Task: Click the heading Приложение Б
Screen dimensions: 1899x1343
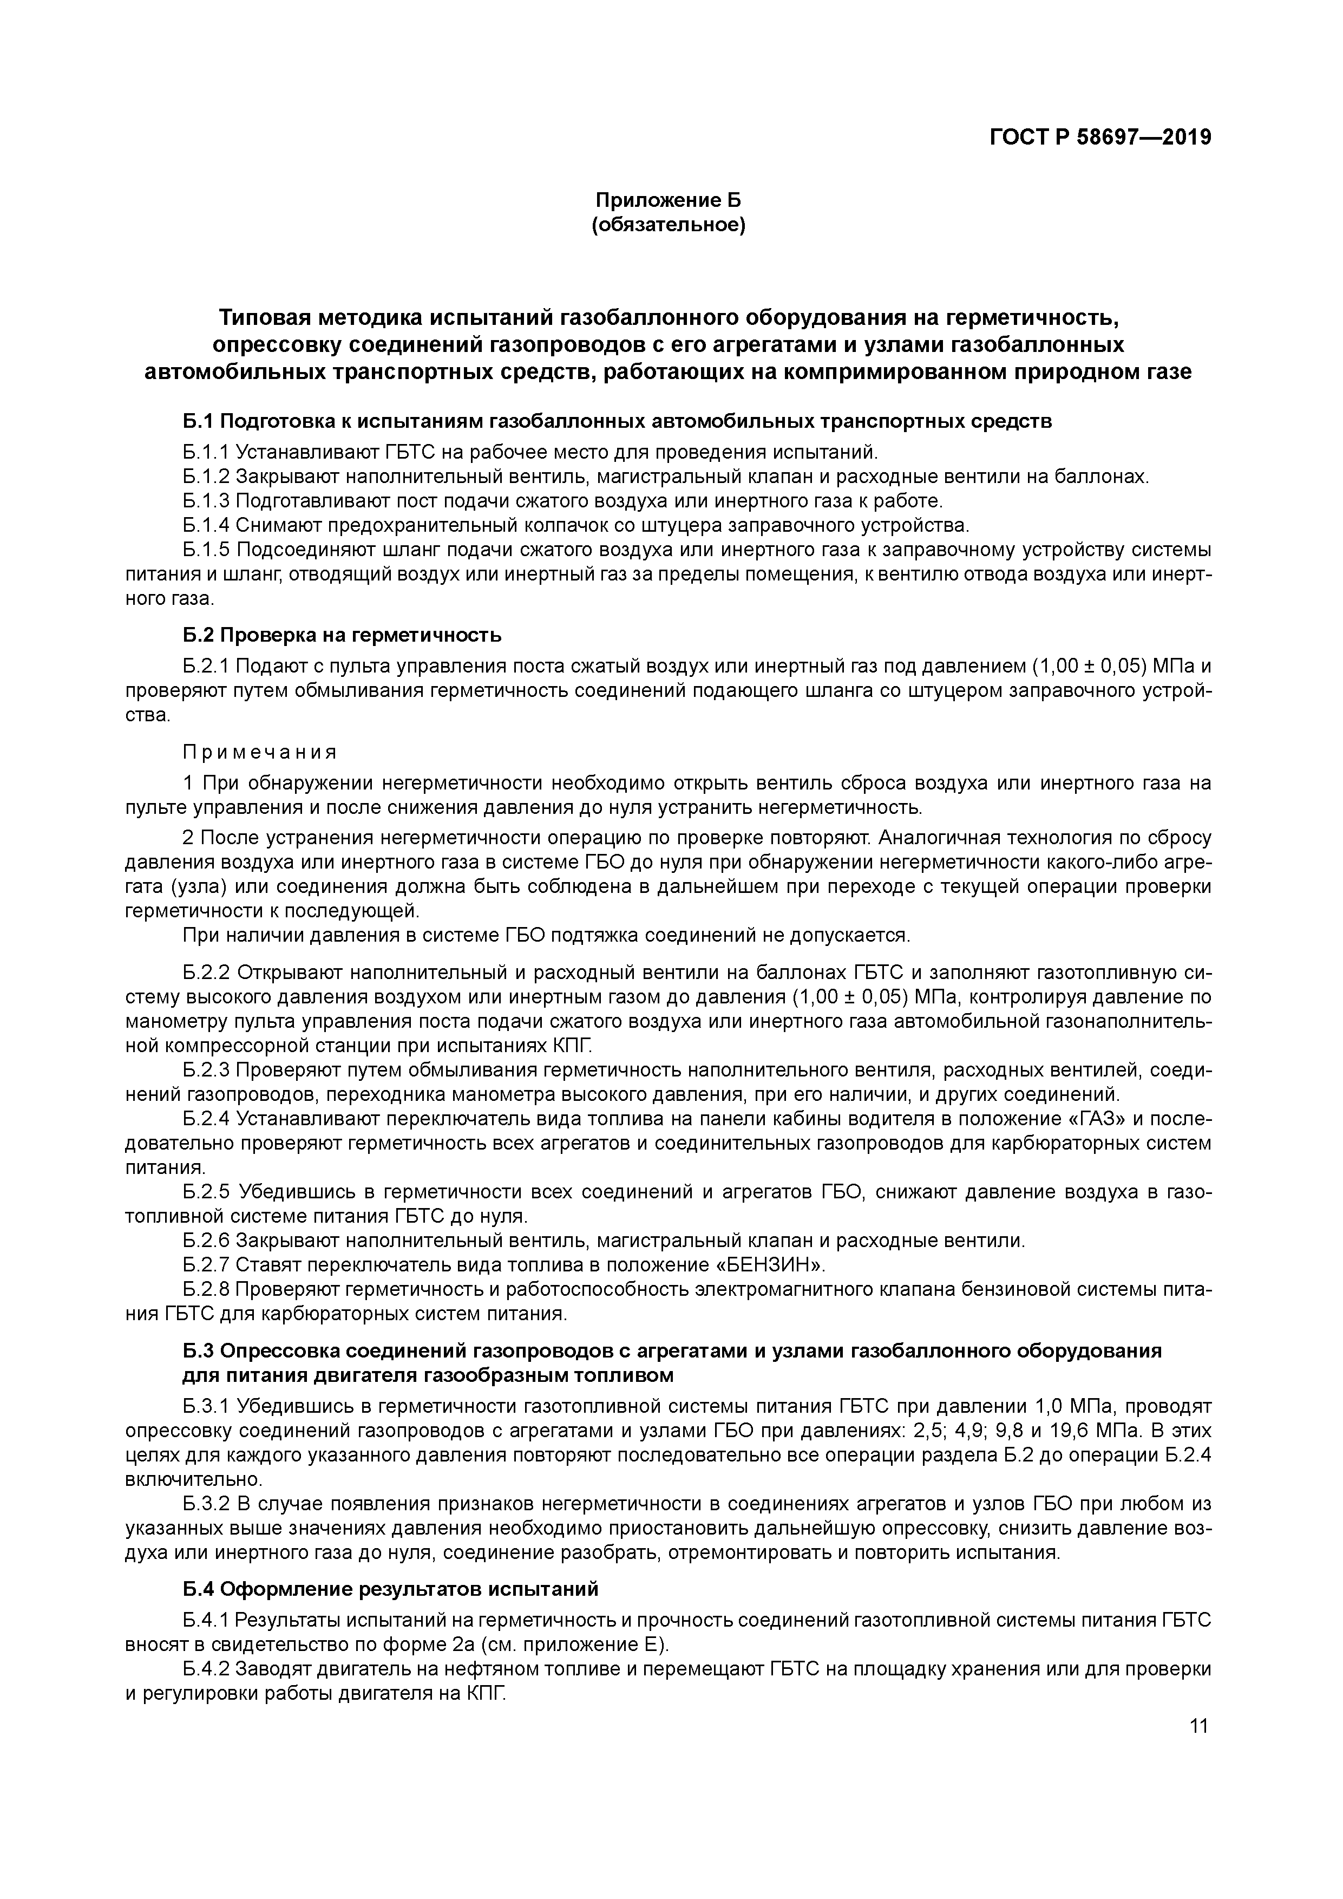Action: click(668, 200)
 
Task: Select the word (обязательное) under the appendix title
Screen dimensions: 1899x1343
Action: click(668, 225)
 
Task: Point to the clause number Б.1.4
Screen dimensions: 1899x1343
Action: click(206, 525)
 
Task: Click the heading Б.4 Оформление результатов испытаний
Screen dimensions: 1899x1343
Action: click(390, 1590)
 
